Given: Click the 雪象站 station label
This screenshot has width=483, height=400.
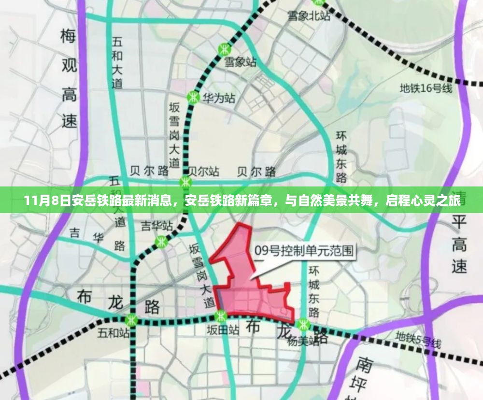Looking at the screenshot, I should point(241,62).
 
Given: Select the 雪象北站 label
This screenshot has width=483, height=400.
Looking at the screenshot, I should point(309,15).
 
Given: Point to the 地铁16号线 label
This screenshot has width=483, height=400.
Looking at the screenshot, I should point(426,88).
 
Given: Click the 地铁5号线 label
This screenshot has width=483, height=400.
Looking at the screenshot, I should point(418,340).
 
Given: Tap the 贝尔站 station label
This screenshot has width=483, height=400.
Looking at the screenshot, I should point(203,171).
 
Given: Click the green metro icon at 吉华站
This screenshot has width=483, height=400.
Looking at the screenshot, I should point(161,242).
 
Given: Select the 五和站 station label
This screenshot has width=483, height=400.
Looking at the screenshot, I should point(113,333).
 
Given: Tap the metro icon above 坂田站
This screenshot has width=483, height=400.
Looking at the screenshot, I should point(221,316).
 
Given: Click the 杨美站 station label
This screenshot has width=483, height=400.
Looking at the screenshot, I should point(303,341).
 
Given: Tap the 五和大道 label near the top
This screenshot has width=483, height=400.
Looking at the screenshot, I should point(117,63).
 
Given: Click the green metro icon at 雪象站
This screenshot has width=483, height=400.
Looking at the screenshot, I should point(224,49).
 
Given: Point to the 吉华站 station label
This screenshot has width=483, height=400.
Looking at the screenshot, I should point(156,226).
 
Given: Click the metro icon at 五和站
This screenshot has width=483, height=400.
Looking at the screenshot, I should point(131,320).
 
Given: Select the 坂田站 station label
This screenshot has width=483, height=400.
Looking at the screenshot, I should point(223,330).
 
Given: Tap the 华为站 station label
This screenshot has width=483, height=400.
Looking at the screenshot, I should point(218,98).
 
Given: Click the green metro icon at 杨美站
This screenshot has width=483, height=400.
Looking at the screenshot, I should point(304,324).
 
